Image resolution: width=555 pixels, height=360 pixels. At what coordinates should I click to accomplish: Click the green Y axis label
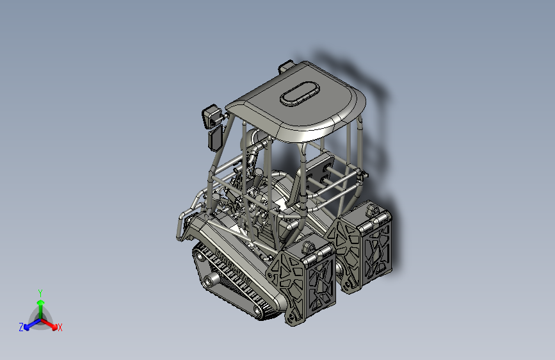tap(40, 293)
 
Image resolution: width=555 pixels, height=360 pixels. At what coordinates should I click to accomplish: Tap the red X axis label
tap(60, 327)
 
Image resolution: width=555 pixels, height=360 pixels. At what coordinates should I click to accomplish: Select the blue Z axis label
tap(21, 327)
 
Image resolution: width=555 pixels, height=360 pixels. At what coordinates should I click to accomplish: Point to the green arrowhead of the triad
tap(41, 303)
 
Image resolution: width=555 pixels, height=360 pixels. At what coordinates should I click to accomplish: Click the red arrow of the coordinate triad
tap(49, 324)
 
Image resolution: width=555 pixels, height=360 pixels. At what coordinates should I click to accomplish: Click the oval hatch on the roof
tap(300, 93)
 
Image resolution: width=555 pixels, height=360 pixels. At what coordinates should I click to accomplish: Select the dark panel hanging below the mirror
tap(215, 138)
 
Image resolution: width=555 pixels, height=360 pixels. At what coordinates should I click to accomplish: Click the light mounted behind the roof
tap(286, 66)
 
